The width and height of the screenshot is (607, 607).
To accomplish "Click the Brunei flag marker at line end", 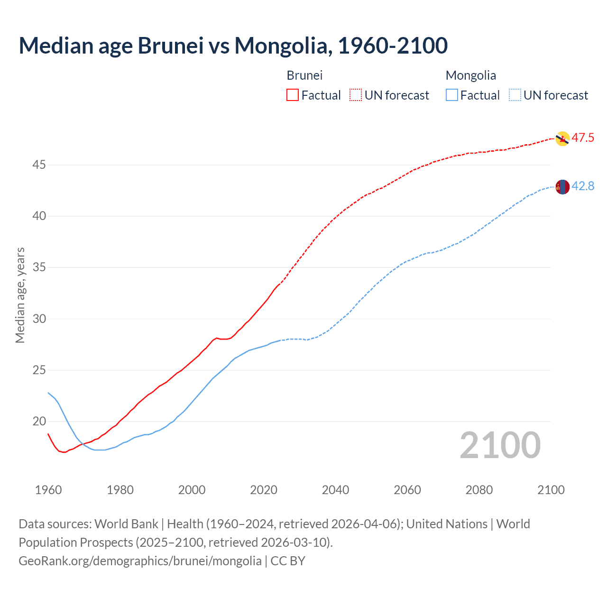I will pyautogui.click(x=562, y=138).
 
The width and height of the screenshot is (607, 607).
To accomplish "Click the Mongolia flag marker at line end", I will pyautogui.click(x=562, y=187).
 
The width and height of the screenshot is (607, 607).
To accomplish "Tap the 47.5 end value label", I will pyautogui.click(x=583, y=138).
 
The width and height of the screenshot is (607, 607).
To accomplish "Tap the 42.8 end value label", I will pyautogui.click(x=583, y=186).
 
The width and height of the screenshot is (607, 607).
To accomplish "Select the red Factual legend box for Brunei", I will pyautogui.click(x=293, y=95).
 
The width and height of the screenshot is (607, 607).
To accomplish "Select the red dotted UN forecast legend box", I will pyautogui.click(x=356, y=95).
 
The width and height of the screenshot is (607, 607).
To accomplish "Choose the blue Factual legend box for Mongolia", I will pyautogui.click(x=452, y=95).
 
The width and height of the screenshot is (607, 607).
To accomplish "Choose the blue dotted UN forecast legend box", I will pyautogui.click(x=515, y=95).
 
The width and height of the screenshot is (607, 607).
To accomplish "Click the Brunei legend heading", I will pyautogui.click(x=304, y=75).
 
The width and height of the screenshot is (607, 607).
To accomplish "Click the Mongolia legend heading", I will pyautogui.click(x=470, y=75).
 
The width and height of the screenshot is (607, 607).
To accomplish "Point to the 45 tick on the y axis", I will pyautogui.click(x=39, y=165).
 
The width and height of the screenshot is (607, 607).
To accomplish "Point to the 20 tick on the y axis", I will pyautogui.click(x=39, y=422).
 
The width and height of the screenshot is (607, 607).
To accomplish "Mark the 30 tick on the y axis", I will pyautogui.click(x=39, y=319).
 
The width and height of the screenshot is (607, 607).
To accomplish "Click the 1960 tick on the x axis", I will pyautogui.click(x=48, y=490).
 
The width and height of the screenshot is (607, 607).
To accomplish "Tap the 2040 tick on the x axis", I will pyautogui.click(x=335, y=490).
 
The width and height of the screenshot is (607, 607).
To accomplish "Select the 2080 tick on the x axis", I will pyautogui.click(x=479, y=490).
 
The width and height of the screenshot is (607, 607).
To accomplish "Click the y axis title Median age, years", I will pyautogui.click(x=20, y=295).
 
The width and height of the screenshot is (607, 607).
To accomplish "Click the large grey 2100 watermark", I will pyautogui.click(x=500, y=445).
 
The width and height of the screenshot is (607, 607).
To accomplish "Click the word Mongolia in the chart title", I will pyautogui.click(x=280, y=46).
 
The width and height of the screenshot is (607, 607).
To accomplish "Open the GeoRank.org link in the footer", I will pyautogui.click(x=140, y=561).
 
